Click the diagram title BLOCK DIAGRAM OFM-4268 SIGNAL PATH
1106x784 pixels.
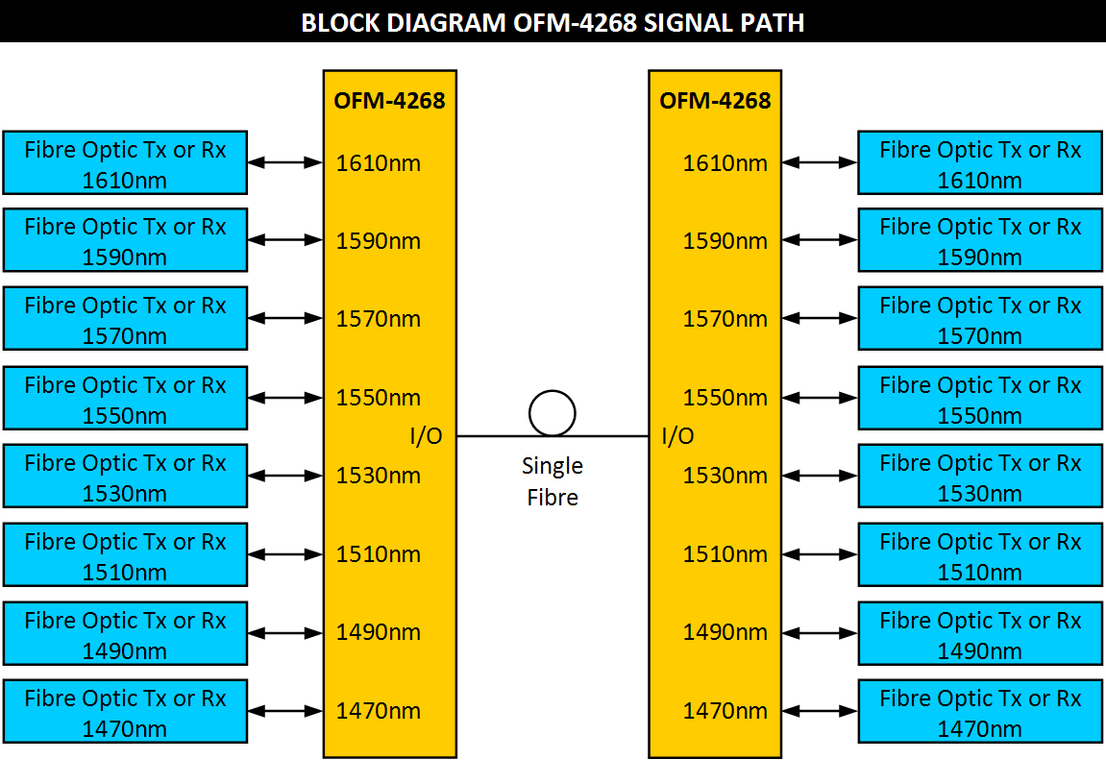[x=553, y=22]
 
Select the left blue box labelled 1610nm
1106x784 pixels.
[x=125, y=163]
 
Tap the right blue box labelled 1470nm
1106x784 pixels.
[x=980, y=712]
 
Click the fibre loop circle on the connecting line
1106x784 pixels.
[x=553, y=413]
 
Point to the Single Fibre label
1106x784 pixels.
[x=553, y=481]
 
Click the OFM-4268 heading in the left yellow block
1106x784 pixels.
[x=389, y=100]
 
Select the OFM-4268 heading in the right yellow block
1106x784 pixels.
[x=715, y=100]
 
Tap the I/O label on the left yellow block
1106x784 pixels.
[x=427, y=436]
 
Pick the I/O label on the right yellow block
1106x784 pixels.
[x=678, y=436]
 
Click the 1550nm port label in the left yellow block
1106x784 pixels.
[x=378, y=397]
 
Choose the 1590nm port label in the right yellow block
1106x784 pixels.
[x=725, y=241]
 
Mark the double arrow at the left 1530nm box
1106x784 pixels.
[x=284, y=476]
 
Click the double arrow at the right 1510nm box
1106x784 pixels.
[x=819, y=554]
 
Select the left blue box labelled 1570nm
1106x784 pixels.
[x=125, y=319]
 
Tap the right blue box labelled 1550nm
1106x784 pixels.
[x=980, y=399]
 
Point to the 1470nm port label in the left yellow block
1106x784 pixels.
[x=378, y=711]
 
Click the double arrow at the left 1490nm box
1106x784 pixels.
[x=284, y=633]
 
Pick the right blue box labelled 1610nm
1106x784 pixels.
[x=980, y=163]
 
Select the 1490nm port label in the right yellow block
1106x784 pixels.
[x=725, y=632]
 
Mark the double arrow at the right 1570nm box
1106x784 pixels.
[x=819, y=319]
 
